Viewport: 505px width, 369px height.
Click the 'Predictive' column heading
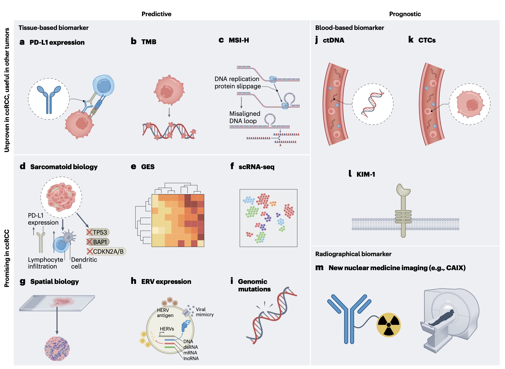click(156, 14)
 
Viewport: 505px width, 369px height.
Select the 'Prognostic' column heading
click(405, 14)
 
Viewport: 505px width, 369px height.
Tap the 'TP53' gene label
click(100, 232)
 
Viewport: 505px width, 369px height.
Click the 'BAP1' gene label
click(100, 242)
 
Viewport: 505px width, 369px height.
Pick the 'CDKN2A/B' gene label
click(108, 252)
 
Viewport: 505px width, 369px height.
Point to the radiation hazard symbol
click(389, 325)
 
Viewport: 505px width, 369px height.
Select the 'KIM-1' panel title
click(366, 174)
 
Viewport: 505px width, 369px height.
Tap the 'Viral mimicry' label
click(205, 312)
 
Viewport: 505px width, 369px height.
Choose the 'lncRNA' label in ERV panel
click(191, 358)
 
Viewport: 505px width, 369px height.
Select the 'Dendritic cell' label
click(84, 263)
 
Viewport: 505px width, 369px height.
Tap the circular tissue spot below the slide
click(57, 349)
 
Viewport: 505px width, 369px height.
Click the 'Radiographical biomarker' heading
click(353, 254)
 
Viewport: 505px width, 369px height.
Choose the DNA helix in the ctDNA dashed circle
click(372, 104)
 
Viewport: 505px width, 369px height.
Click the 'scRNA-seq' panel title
click(257, 167)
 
